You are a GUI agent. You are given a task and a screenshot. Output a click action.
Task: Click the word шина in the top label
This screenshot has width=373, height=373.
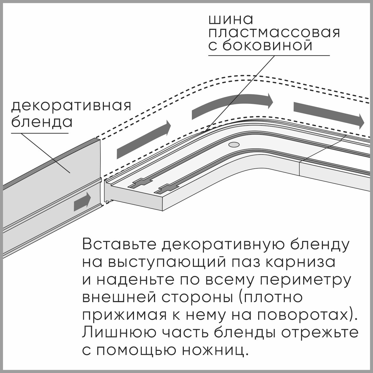tap(231, 20)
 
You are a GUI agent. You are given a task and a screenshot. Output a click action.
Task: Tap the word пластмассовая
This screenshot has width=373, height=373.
tap(274, 33)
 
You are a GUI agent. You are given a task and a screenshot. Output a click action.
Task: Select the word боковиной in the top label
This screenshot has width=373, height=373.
tap(267, 46)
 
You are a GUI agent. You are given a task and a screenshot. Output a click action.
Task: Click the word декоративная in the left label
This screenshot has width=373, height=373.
tap(71, 106)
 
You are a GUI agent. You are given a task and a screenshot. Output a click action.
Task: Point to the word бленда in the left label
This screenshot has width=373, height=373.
tap(42, 122)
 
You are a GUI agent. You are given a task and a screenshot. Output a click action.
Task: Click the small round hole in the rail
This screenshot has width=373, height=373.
tap(234, 145)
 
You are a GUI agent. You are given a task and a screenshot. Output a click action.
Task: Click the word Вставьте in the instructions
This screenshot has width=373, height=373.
tap(119, 245)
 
